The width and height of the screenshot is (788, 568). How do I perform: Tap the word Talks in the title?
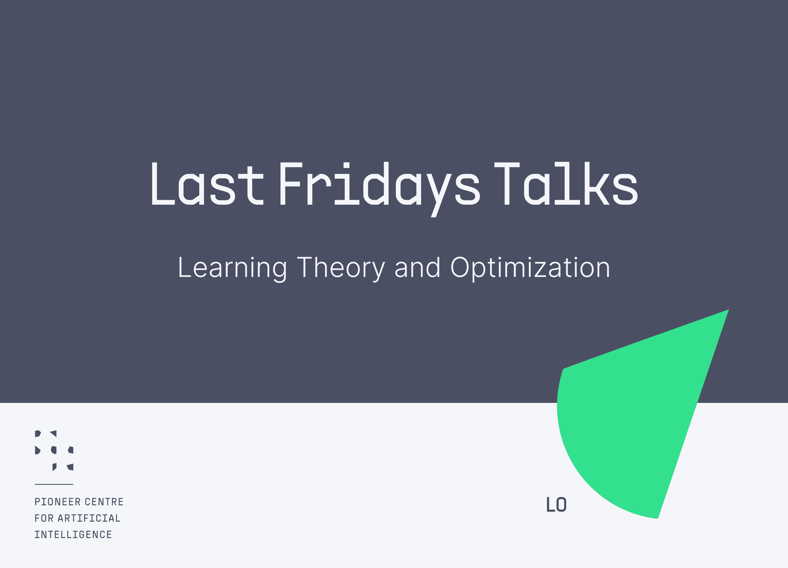[566, 183]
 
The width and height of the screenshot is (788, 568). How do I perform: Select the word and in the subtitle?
[417, 267]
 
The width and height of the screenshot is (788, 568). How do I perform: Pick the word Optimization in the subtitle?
[530, 269]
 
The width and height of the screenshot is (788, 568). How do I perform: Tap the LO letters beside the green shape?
[556, 504]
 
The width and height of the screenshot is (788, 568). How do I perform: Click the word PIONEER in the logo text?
[58, 502]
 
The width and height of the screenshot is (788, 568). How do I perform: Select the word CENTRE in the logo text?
[104, 502]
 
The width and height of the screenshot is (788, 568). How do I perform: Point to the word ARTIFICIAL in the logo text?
[89, 518]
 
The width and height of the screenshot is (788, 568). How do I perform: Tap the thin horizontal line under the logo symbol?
[54, 484]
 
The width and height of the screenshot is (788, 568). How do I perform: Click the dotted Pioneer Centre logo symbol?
[54, 451]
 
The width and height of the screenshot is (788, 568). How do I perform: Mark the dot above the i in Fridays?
[346, 165]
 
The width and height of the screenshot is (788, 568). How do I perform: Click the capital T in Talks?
[507, 183]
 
